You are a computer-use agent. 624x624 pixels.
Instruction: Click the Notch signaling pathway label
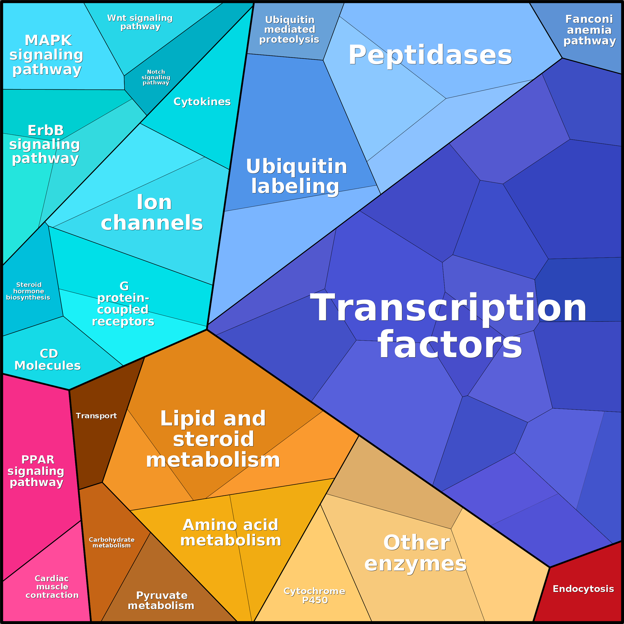156,77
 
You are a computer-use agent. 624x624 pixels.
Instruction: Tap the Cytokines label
202,102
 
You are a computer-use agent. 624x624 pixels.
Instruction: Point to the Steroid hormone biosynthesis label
28,291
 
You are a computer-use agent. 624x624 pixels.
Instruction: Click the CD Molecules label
48,359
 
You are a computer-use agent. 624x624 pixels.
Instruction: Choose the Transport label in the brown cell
96,416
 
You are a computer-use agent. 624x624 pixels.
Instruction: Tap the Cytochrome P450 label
314,595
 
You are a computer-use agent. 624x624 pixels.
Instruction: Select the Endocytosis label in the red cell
583,589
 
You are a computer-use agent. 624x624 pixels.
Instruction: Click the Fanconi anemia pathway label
589,30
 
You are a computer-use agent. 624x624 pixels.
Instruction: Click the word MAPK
48,40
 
